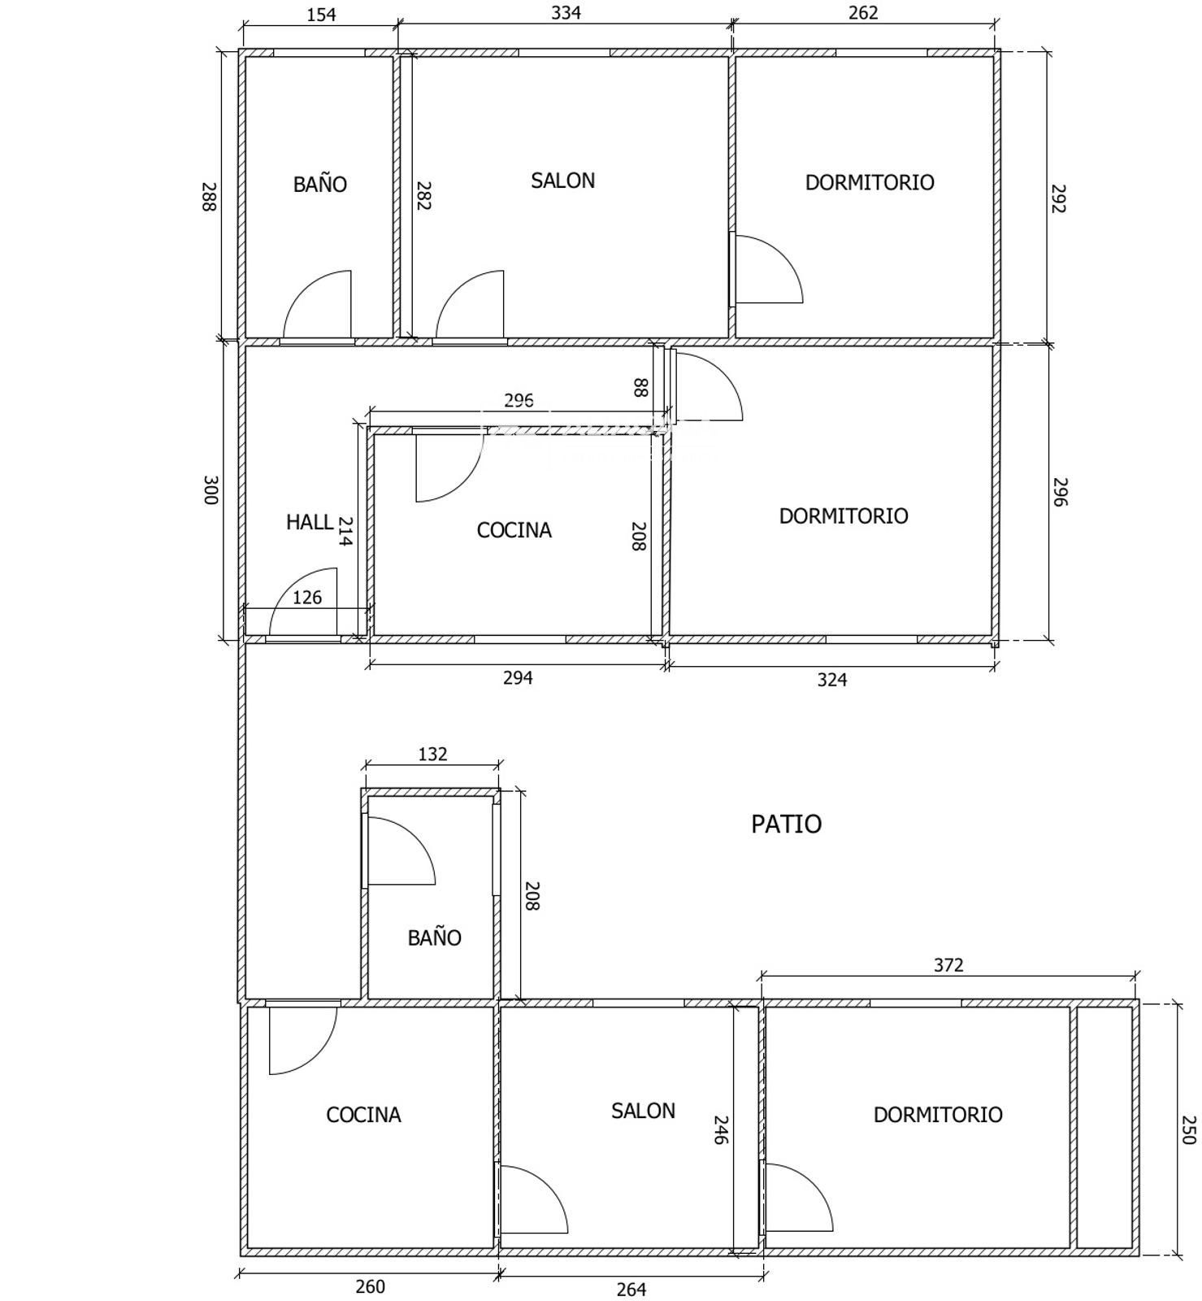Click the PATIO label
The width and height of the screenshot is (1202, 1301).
point(786,824)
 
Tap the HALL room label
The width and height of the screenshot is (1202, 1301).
point(309,522)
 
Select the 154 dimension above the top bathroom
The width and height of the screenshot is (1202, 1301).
point(322,15)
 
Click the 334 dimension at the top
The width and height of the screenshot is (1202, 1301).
point(566,13)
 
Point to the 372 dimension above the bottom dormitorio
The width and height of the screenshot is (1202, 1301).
point(948,965)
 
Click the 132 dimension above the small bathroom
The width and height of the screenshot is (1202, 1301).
point(432,755)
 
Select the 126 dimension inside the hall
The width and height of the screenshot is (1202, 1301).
point(307,598)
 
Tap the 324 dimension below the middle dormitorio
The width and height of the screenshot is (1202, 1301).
point(832,680)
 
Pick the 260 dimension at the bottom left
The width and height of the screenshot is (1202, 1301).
point(370,1286)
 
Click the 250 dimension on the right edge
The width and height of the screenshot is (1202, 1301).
point(1188,1130)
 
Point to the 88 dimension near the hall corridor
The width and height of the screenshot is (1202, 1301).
point(640,387)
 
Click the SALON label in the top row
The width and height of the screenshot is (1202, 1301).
point(562,181)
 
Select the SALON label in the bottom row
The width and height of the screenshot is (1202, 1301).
point(643,1111)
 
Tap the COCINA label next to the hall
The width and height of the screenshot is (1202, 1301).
point(514,530)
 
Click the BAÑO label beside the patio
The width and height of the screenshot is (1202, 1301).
point(434,938)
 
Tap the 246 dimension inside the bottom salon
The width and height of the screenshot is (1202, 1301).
point(720,1129)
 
